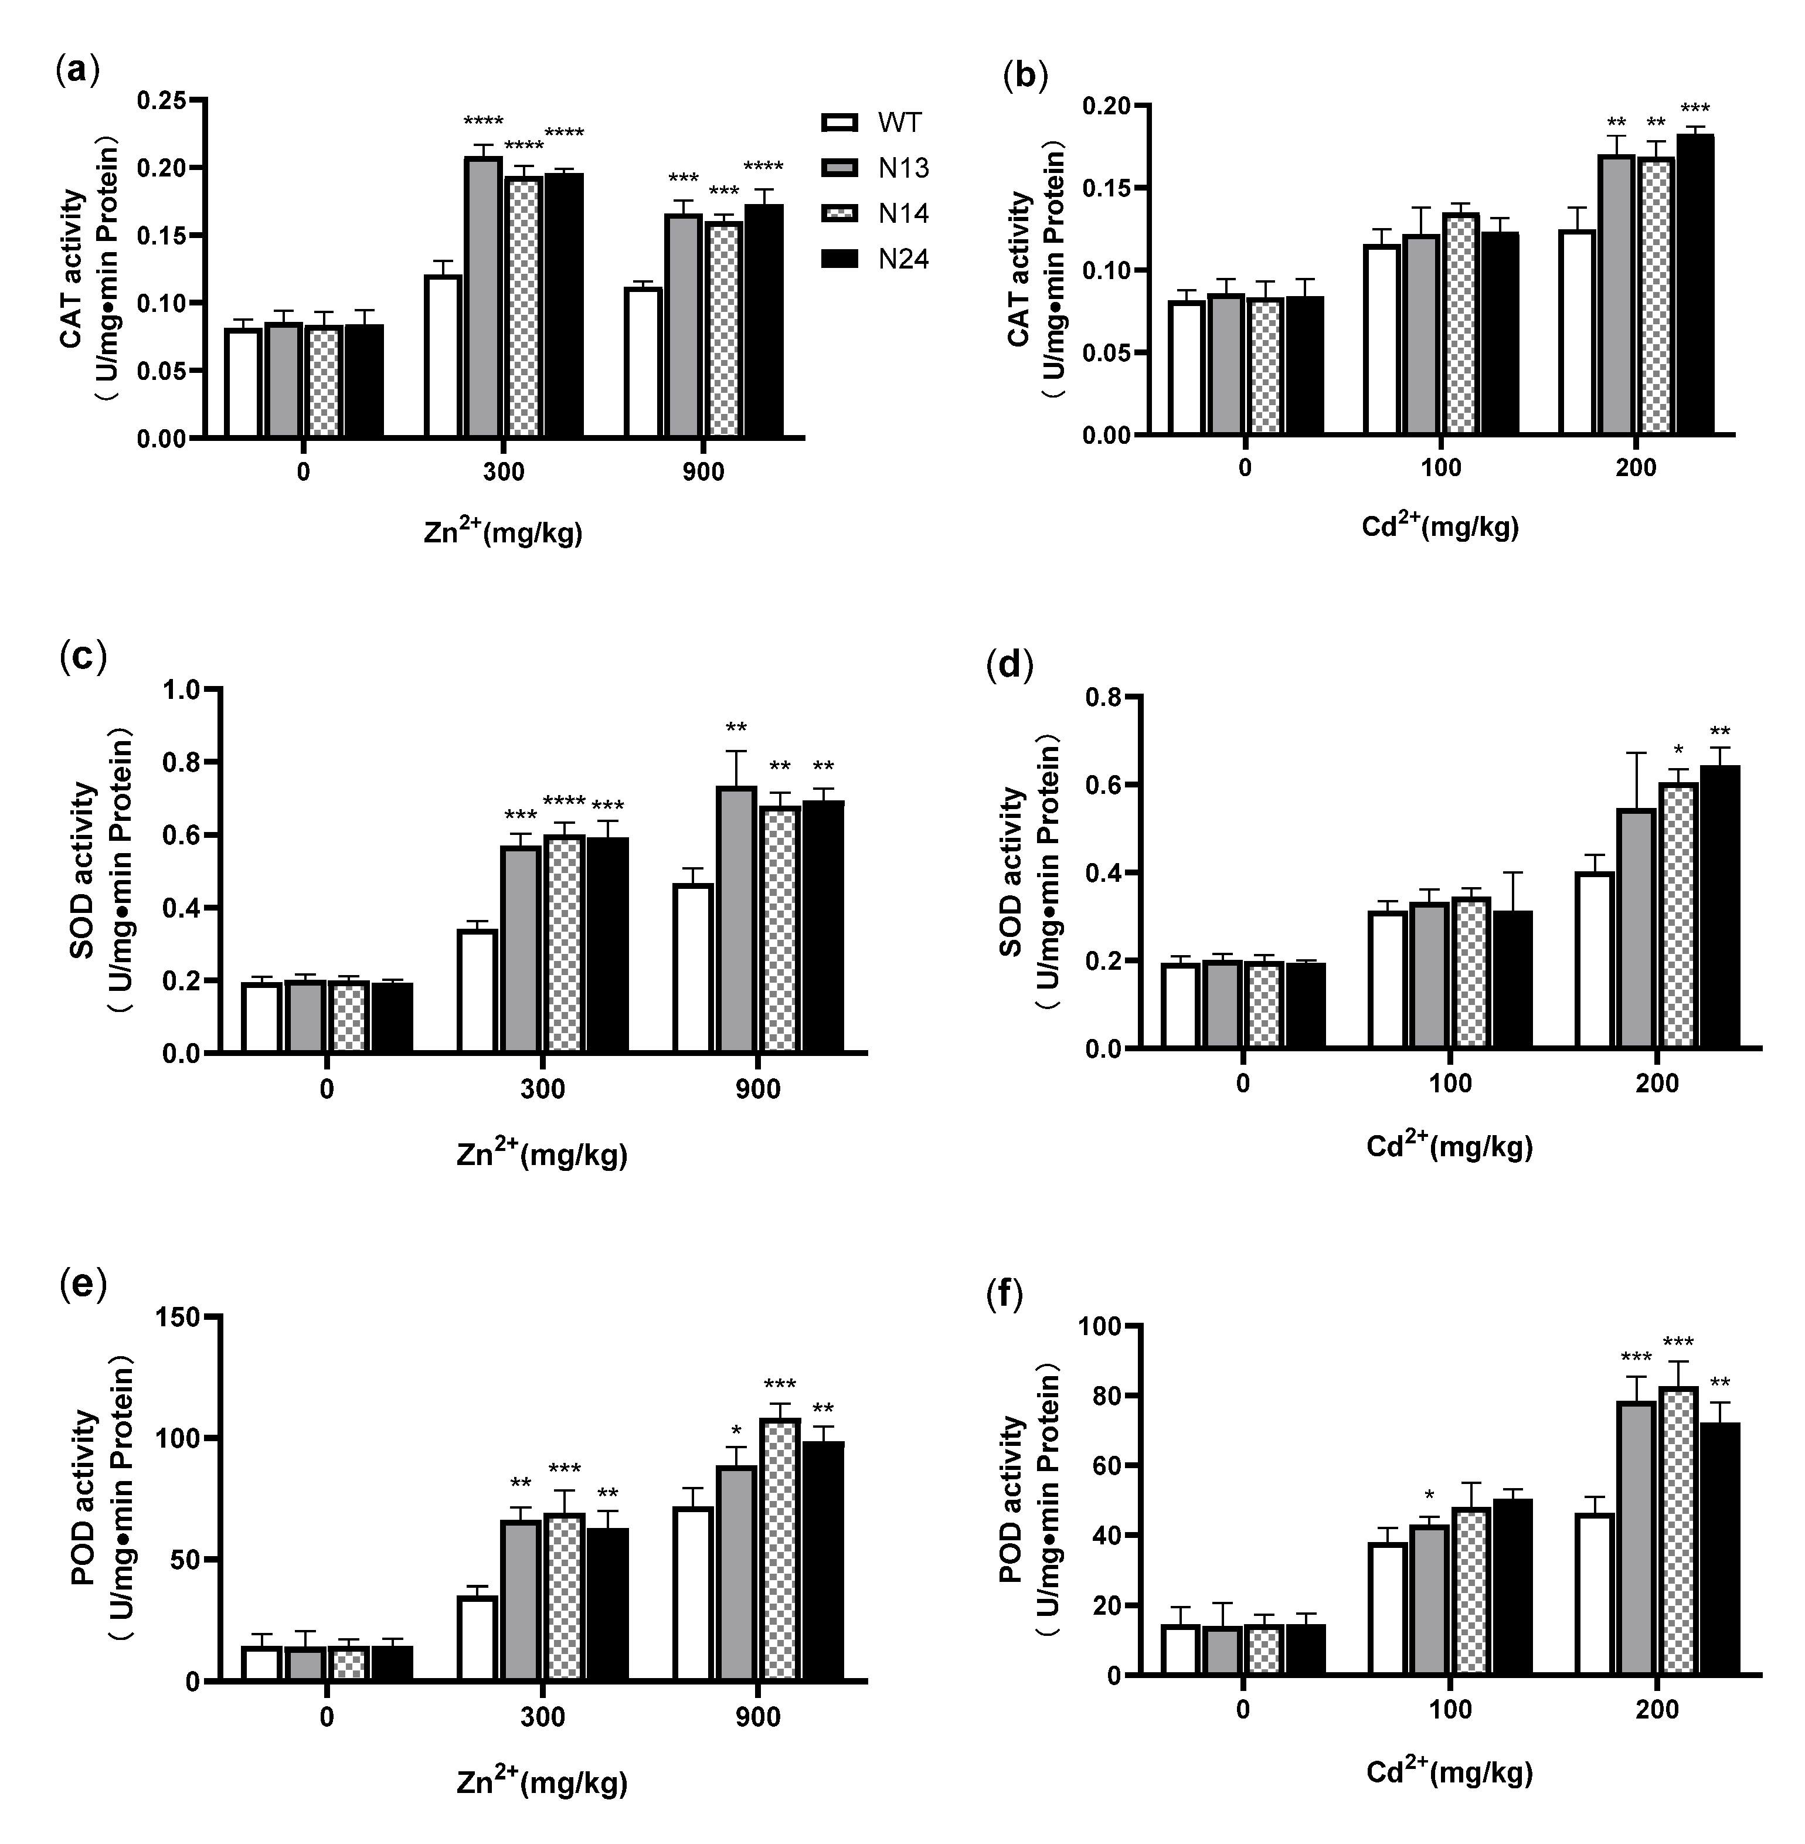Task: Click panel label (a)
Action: point(78,71)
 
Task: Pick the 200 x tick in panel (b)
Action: point(1636,467)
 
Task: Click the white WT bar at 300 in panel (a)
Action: point(443,356)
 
